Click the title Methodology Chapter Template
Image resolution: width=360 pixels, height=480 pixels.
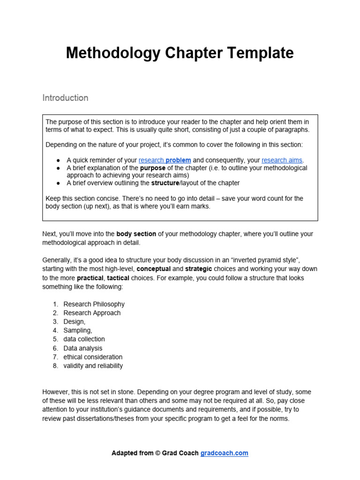coord(180,53)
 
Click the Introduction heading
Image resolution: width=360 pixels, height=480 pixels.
coord(65,98)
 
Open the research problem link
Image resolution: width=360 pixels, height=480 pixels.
coord(165,160)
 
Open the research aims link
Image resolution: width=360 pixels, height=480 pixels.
coord(282,160)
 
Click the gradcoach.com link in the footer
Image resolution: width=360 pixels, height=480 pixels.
coord(224,453)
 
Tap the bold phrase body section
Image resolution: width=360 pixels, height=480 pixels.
coord(136,233)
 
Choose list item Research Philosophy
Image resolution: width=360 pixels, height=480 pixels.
coord(94,304)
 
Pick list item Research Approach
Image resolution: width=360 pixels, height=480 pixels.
coord(92,313)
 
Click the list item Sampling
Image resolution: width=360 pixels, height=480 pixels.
coord(78,330)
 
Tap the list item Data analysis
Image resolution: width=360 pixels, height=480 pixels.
coord(82,348)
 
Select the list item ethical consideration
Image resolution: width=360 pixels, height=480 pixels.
coord(93,357)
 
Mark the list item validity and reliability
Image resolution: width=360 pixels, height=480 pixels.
coord(93,366)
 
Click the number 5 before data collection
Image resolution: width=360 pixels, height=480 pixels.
coord(55,339)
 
